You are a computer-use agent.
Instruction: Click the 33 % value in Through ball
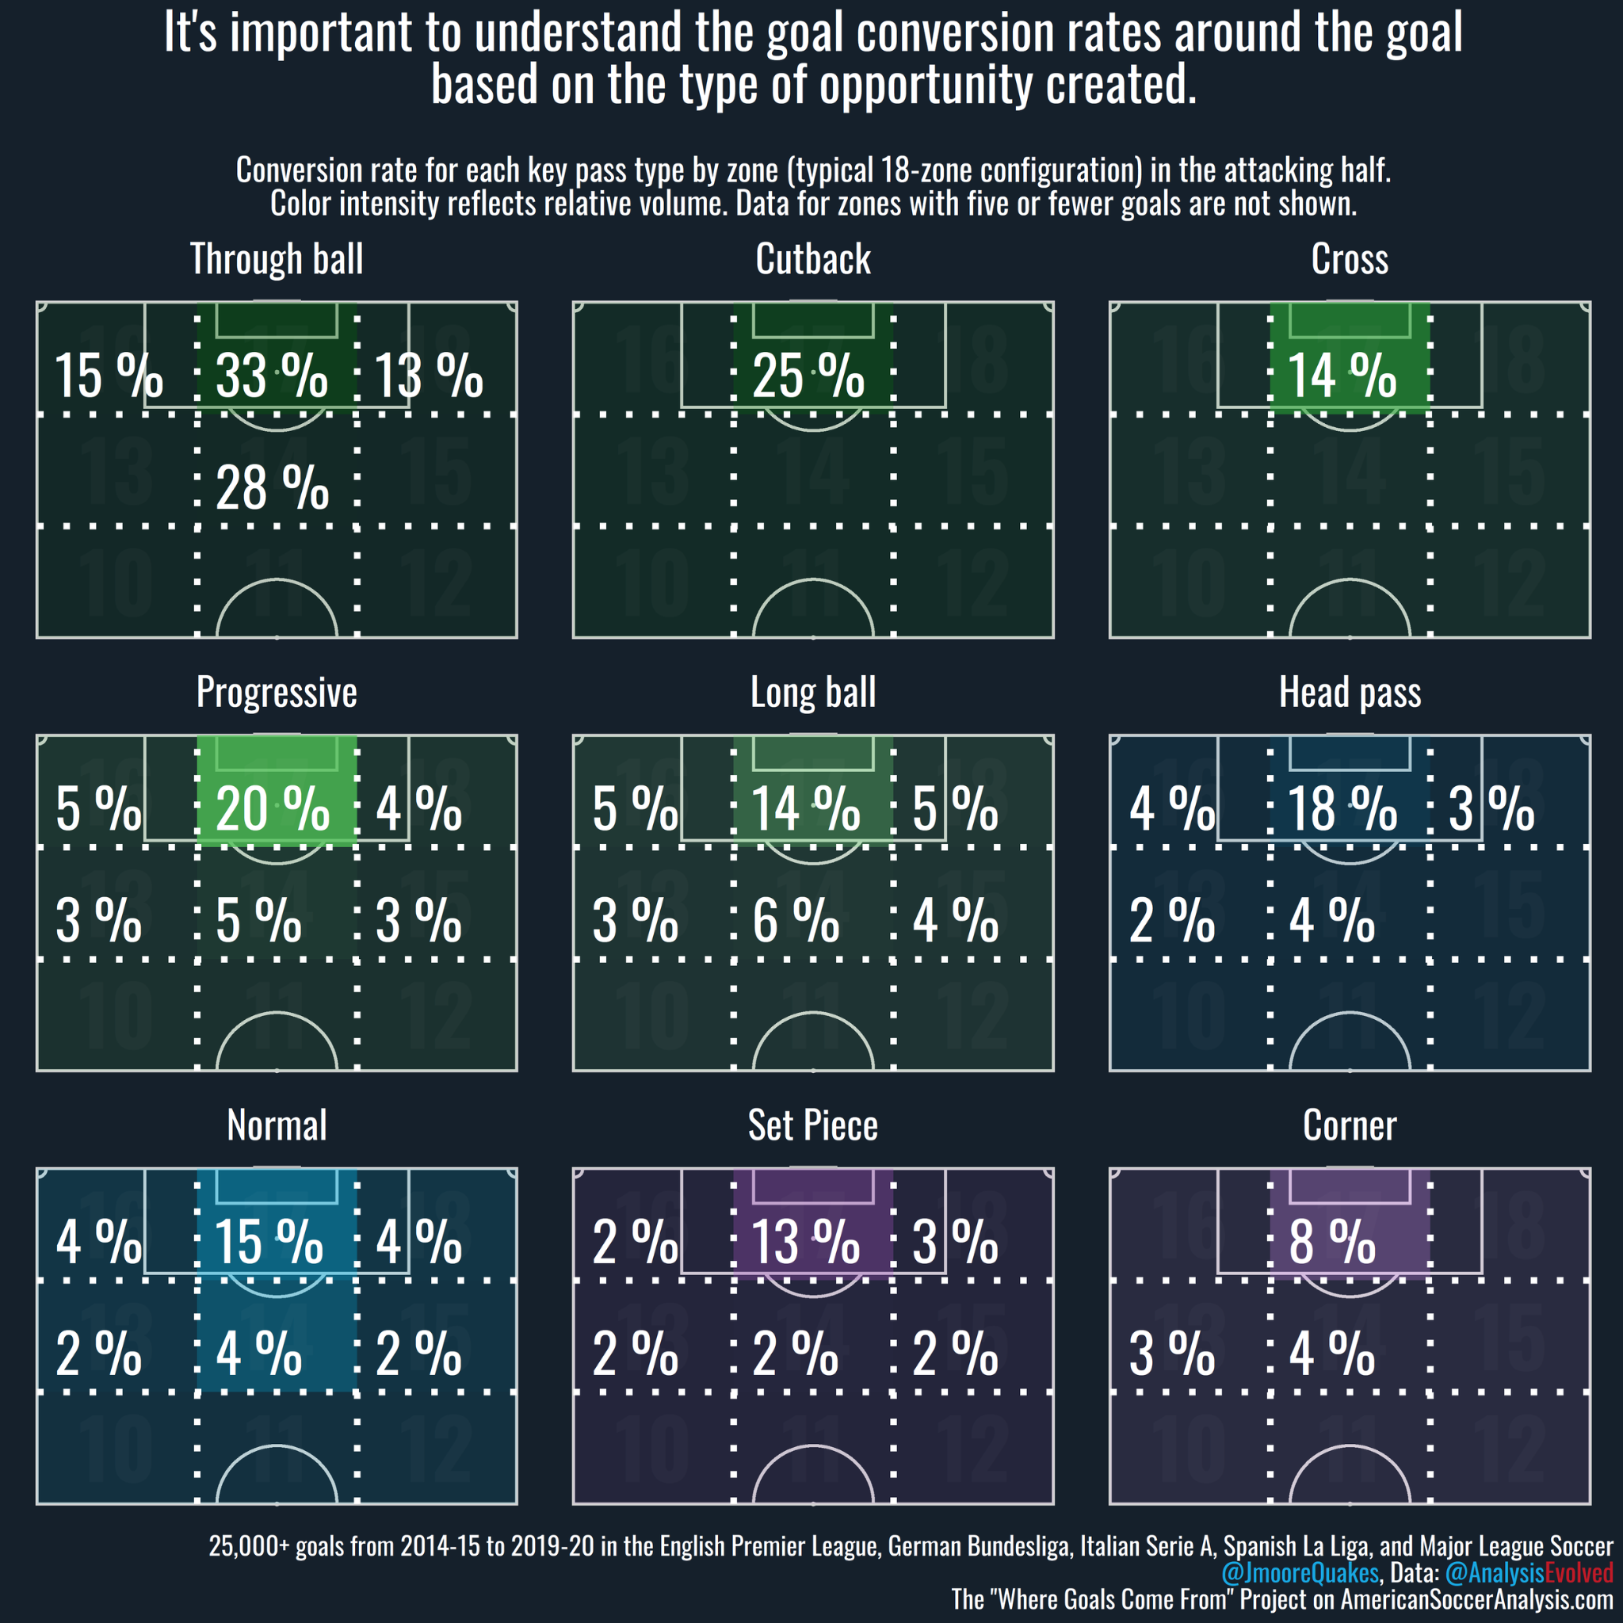[271, 376]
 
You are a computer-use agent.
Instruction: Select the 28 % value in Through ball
[271, 488]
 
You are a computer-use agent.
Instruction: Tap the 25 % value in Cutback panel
[808, 376]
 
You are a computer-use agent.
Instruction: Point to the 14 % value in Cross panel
[1342, 376]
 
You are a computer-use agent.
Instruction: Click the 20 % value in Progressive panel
[272, 809]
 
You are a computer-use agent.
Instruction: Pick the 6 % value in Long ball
[796, 921]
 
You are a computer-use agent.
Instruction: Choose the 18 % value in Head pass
[1342, 809]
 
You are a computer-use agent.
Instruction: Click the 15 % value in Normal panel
[269, 1243]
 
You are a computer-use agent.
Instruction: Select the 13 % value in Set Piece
[806, 1243]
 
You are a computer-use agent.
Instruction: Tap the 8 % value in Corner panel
[1332, 1243]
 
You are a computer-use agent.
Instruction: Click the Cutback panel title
[813, 258]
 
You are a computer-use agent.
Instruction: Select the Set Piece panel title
[813, 1125]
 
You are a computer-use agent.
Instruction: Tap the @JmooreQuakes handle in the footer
[1300, 1572]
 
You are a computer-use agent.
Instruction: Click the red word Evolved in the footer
[1579, 1572]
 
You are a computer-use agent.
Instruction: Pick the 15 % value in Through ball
[109, 376]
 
